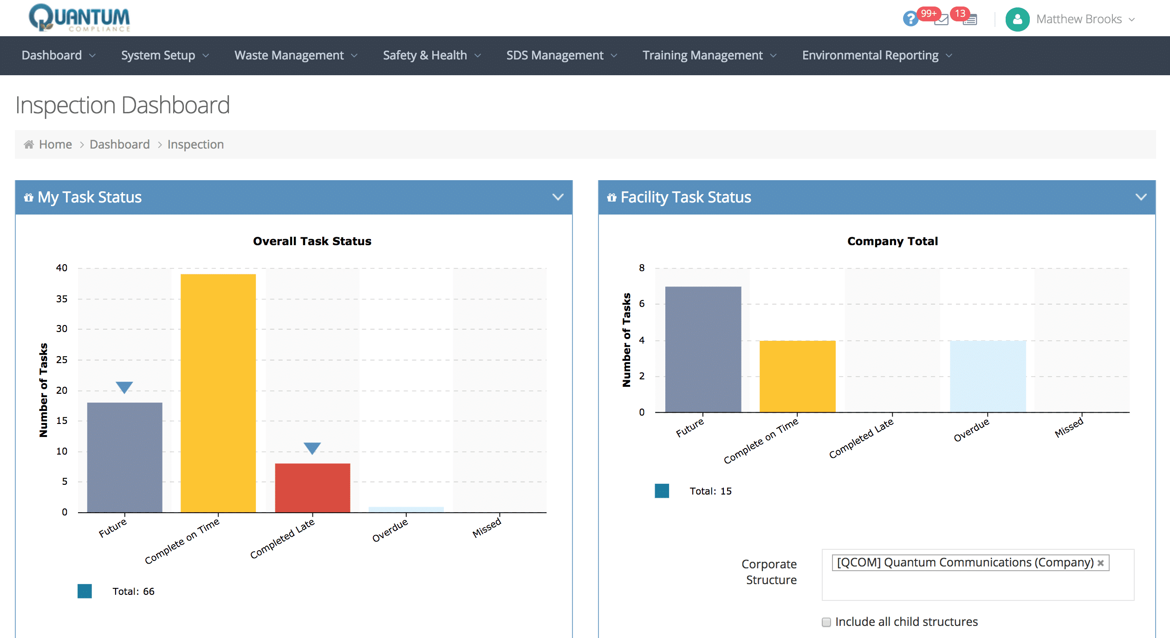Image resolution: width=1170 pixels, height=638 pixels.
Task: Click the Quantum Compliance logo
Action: [79, 18]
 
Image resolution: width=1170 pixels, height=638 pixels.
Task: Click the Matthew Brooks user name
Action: [1079, 19]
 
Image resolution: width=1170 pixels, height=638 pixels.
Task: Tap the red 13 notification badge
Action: [960, 13]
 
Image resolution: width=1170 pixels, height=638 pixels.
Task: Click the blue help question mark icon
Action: [910, 19]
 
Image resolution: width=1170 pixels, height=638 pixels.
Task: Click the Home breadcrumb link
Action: [55, 144]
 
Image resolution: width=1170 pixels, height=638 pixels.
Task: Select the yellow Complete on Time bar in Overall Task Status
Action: [218, 392]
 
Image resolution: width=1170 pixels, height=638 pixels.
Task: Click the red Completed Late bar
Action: [312, 488]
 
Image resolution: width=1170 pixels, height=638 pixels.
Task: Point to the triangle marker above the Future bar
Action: [124, 387]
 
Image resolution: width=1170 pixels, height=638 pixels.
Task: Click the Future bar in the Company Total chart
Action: [703, 349]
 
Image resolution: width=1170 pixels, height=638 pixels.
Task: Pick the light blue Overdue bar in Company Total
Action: [988, 376]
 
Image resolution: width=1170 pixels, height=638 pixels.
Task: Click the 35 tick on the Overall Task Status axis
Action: [62, 299]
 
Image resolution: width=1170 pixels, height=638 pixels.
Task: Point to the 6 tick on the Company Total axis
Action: [642, 304]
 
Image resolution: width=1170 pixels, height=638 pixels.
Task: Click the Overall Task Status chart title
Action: [312, 241]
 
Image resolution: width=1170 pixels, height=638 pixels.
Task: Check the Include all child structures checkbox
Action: [826, 622]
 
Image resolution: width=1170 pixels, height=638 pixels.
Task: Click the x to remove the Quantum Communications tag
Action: [1100, 563]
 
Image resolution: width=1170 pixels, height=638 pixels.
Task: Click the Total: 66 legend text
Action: [133, 591]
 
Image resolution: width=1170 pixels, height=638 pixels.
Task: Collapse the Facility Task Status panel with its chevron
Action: [1141, 197]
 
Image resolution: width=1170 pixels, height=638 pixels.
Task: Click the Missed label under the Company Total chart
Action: [1068, 427]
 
